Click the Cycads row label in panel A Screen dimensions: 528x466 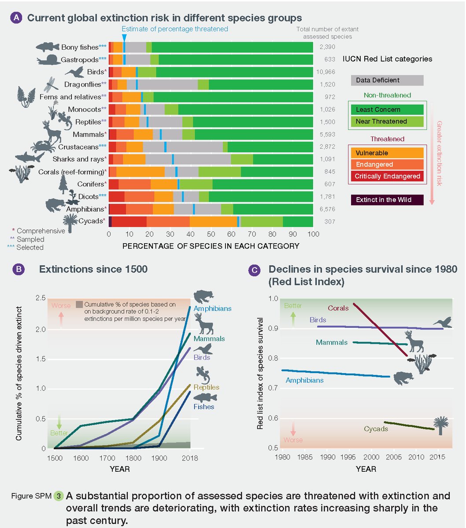91,221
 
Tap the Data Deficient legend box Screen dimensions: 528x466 387,80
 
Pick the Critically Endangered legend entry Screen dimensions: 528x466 387,176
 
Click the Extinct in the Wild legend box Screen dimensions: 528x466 387,200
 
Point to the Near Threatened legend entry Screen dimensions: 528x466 387,121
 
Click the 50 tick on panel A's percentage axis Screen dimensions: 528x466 211,235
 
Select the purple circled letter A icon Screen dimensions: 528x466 16,18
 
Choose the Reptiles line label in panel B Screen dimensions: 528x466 206,387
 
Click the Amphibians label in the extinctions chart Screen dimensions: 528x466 212,308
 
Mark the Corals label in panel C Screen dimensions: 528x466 338,308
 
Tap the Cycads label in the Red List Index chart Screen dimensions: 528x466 376,429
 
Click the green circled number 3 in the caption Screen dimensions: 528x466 59,496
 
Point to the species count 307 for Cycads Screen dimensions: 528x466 330,221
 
